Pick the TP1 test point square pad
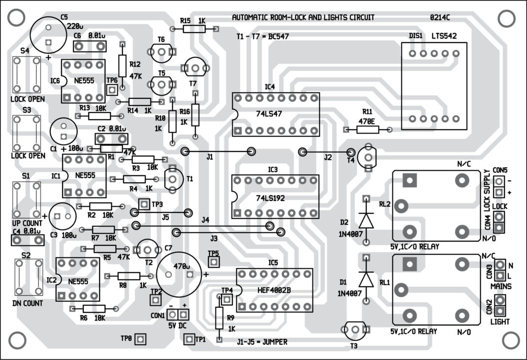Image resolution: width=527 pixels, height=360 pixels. [188, 339]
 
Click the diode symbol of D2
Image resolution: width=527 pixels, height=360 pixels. [366, 220]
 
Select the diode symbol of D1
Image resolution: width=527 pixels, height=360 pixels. [366, 280]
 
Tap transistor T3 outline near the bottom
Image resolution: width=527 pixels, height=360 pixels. [354, 329]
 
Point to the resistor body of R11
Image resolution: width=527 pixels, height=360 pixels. [368, 129]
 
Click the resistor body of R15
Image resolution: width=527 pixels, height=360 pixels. [193, 29]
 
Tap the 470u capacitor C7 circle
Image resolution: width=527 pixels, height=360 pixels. [179, 272]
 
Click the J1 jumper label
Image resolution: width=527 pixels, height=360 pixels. [210, 158]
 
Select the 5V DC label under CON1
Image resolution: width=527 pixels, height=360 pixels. [178, 326]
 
